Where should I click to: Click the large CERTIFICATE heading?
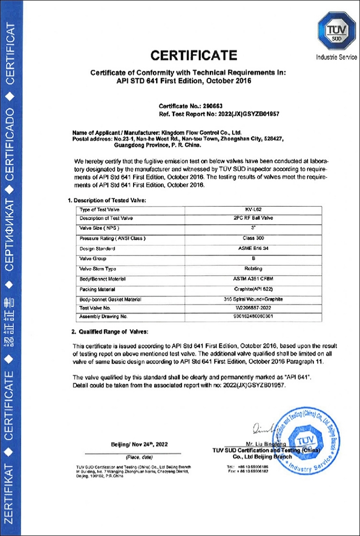tap(194, 55)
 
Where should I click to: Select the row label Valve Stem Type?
tap(98, 269)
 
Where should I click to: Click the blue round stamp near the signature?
tap(304, 441)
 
